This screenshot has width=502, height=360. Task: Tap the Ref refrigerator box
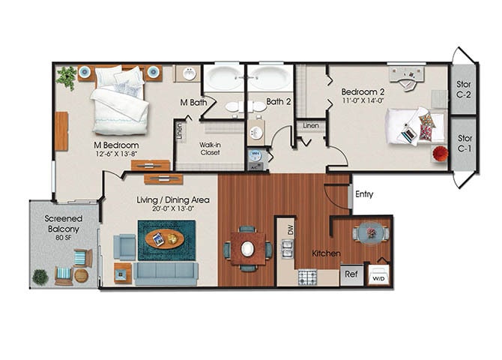click(x=351, y=274)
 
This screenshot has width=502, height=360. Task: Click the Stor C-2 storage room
click(x=464, y=90)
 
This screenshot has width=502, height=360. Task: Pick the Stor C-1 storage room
click(x=465, y=143)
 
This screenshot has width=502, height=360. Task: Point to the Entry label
click(x=364, y=194)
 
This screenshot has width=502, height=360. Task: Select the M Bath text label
click(x=193, y=102)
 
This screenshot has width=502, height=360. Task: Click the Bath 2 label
click(x=278, y=101)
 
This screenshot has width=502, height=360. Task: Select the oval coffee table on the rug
click(x=165, y=238)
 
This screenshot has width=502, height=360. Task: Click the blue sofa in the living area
click(x=166, y=272)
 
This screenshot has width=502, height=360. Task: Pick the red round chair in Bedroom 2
click(x=440, y=154)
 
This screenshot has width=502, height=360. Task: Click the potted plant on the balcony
click(x=40, y=277)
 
